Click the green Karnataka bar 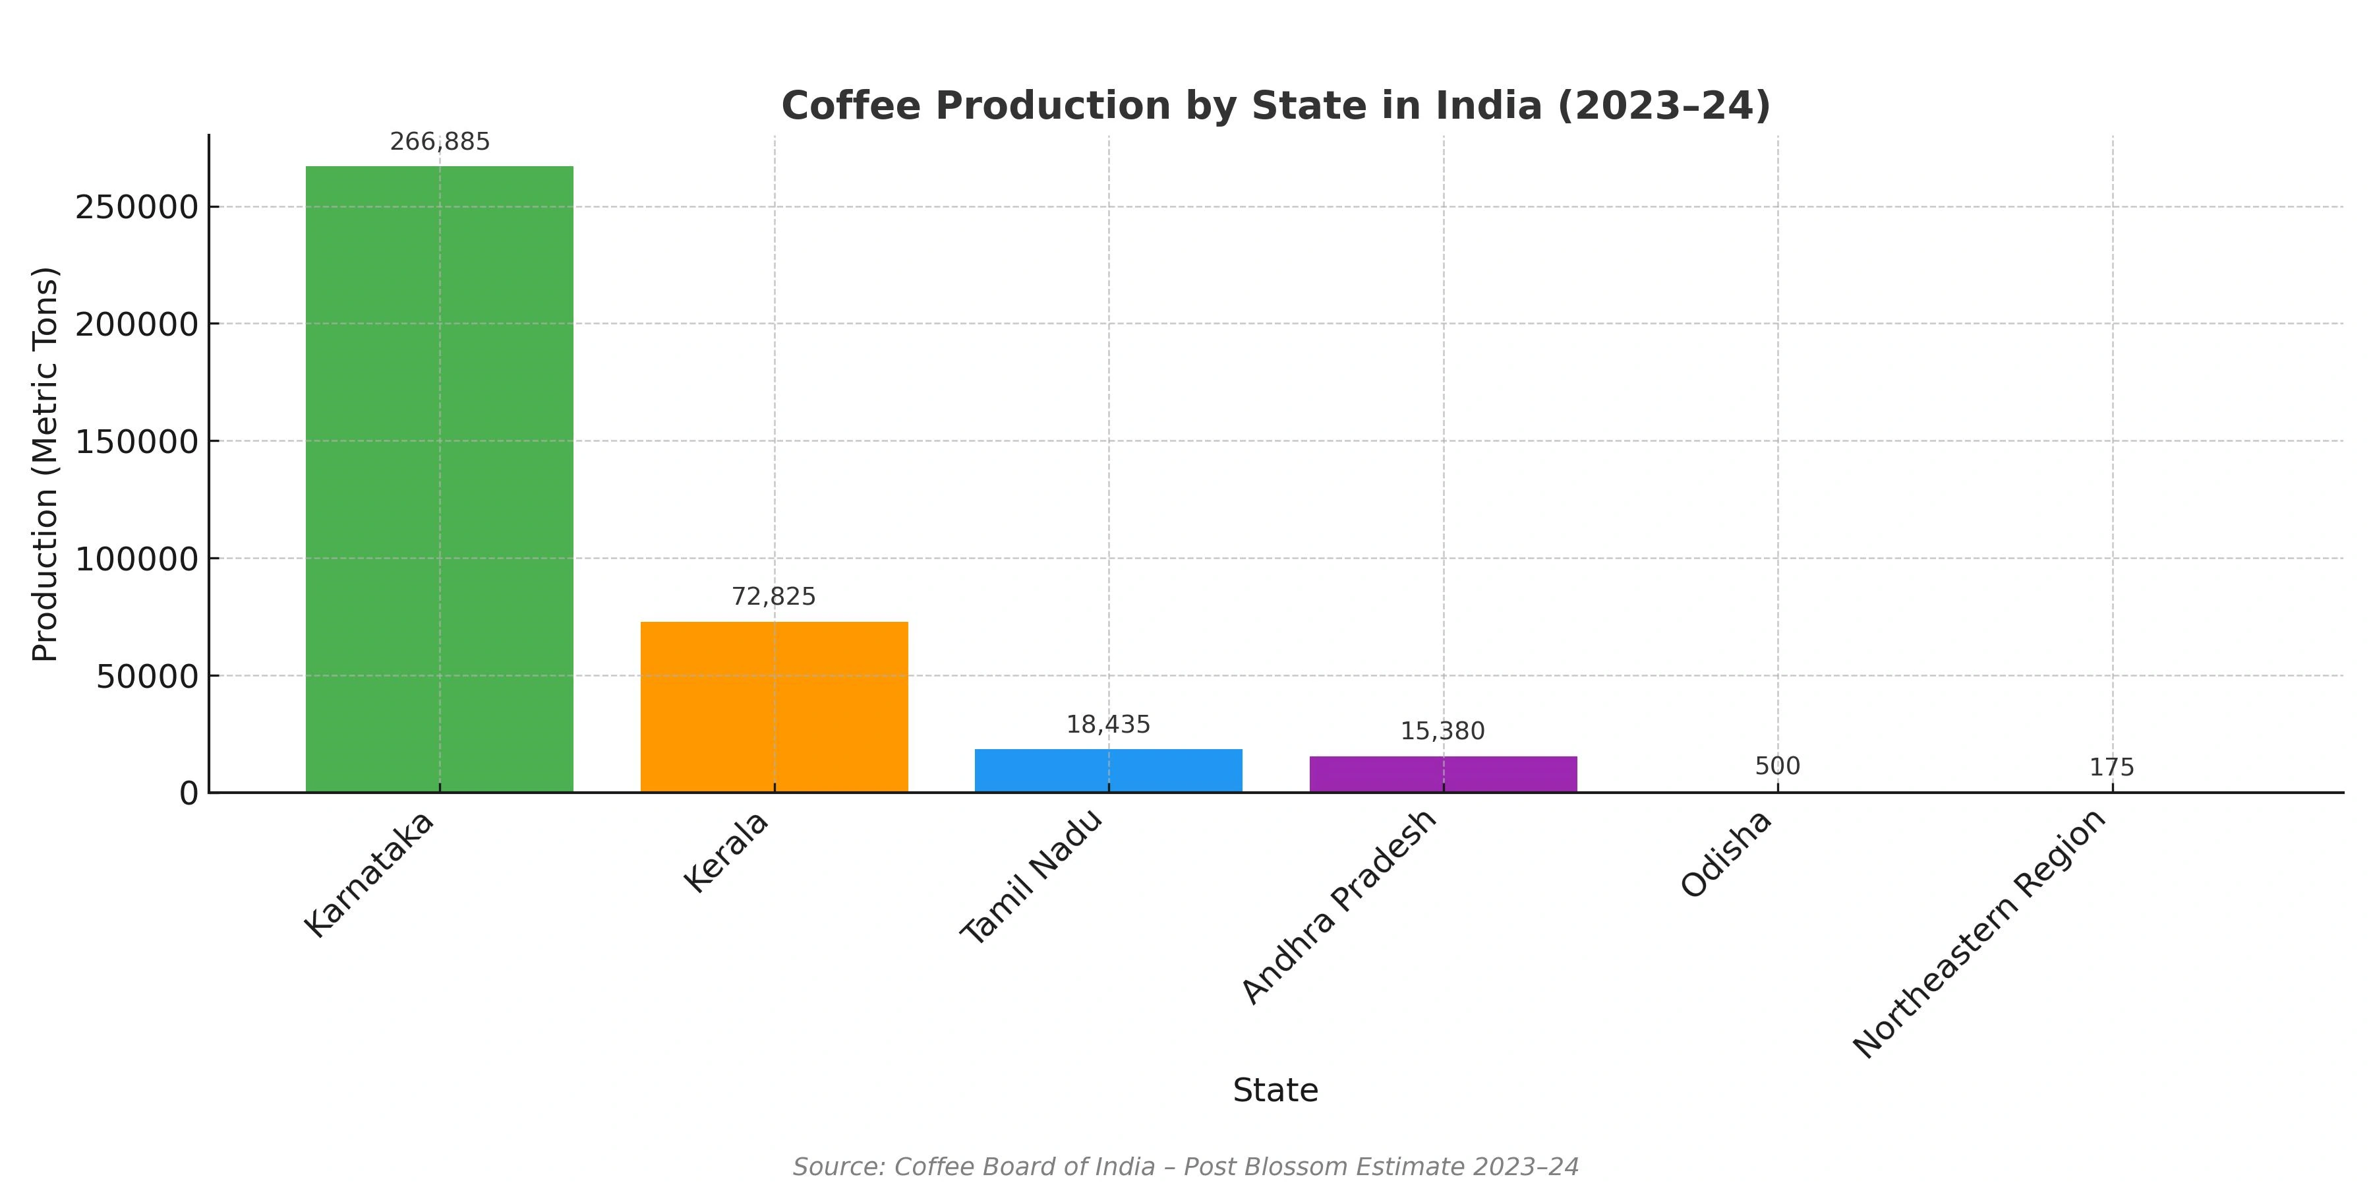pyautogui.click(x=440, y=479)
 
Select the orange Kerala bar pyautogui.click(x=774, y=707)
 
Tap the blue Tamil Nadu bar pyautogui.click(x=1108, y=770)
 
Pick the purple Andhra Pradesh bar pyautogui.click(x=1443, y=774)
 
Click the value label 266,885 pyautogui.click(x=440, y=142)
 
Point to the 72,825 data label pyautogui.click(x=774, y=596)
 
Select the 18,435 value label pyautogui.click(x=1108, y=724)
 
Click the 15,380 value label pyautogui.click(x=1443, y=731)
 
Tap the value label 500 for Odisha pyautogui.click(x=1777, y=766)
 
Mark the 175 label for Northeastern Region pyautogui.click(x=2111, y=767)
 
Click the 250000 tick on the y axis pyautogui.click(x=136, y=207)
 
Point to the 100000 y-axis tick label pyautogui.click(x=136, y=559)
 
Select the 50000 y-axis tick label pyautogui.click(x=148, y=677)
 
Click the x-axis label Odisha pyautogui.click(x=1726, y=854)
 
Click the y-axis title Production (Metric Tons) pyautogui.click(x=44, y=464)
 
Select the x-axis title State pyautogui.click(x=1275, y=1090)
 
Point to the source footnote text pyautogui.click(x=1186, y=1167)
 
